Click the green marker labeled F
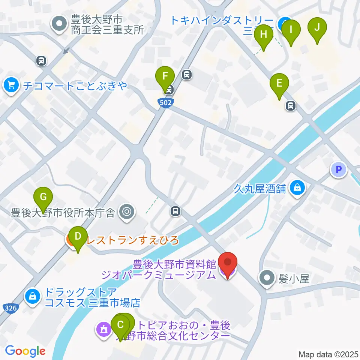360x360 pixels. point(165,77)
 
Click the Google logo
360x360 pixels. point(25,351)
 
